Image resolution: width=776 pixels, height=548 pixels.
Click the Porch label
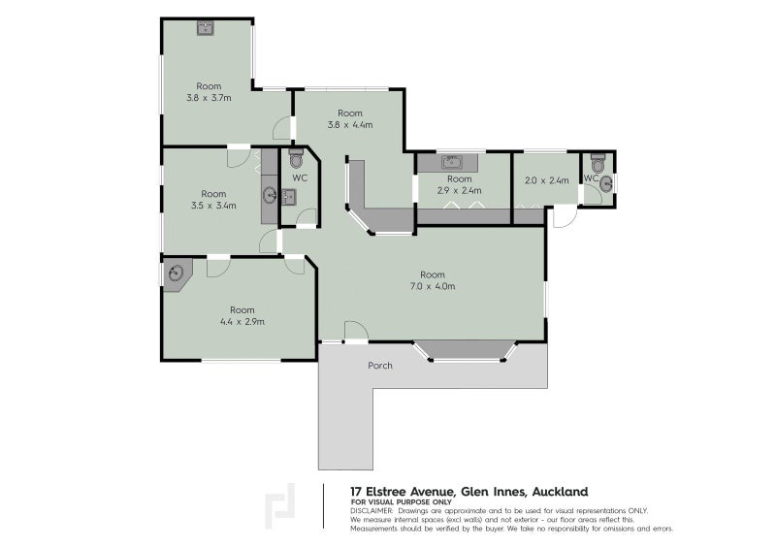[380, 366]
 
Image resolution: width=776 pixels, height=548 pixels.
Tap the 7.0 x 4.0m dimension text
[433, 286]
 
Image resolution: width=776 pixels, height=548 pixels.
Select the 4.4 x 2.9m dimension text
[242, 322]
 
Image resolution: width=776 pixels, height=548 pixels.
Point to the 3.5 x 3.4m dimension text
[213, 206]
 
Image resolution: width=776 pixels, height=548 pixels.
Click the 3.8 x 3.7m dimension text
[209, 98]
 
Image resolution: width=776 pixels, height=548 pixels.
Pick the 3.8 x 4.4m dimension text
[350, 125]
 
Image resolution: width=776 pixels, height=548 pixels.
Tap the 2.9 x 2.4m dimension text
[459, 190]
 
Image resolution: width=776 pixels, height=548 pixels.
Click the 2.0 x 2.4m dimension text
[546, 180]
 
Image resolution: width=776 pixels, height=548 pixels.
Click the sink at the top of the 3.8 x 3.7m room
[205, 28]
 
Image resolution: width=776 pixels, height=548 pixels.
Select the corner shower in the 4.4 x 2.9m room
[175, 274]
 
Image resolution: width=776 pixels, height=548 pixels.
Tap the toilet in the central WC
[296, 158]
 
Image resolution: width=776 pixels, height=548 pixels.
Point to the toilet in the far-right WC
[598, 163]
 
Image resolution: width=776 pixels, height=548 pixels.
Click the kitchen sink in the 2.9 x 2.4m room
[452, 162]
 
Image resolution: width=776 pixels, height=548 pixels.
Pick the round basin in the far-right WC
[605, 184]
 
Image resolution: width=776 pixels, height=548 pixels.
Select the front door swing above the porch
[356, 331]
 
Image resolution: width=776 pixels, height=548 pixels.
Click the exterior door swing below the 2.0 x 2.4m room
[565, 217]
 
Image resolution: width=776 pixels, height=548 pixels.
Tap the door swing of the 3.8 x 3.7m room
[282, 128]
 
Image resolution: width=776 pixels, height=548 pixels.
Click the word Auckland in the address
[561, 492]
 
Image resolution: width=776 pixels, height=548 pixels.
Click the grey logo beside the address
[280, 506]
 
